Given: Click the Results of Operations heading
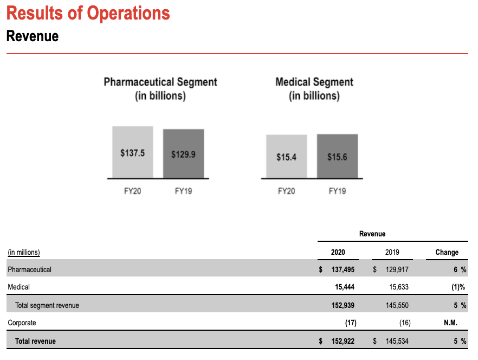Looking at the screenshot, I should click(x=88, y=13).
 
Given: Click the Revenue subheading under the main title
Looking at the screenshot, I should click(x=32, y=36).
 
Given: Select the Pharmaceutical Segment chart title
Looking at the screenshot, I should click(x=160, y=89).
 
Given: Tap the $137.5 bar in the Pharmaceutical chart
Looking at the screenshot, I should click(x=132, y=152).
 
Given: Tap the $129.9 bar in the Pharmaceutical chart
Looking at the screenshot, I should click(x=183, y=154).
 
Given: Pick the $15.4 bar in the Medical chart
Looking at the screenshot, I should click(x=286, y=157).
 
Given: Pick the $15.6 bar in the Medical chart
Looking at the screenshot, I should click(x=337, y=157).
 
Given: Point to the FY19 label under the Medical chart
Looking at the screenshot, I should click(x=337, y=191).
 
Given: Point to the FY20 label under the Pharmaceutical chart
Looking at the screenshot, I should click(x=132, y=191).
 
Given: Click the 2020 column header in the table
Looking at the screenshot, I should click(x=338, y=252).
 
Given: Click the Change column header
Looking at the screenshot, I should click(x=447, y=252).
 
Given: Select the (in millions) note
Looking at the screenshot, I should click(x=23, y=252).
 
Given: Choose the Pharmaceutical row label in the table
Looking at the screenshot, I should click(x=29, y=269).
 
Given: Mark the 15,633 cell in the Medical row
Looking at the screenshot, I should click(x=399, y=287).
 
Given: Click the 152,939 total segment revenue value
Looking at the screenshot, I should click(x=343, y=305).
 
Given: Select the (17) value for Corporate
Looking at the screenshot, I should click(x=351, y=323).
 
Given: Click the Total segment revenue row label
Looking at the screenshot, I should click(x=47, y=305).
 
